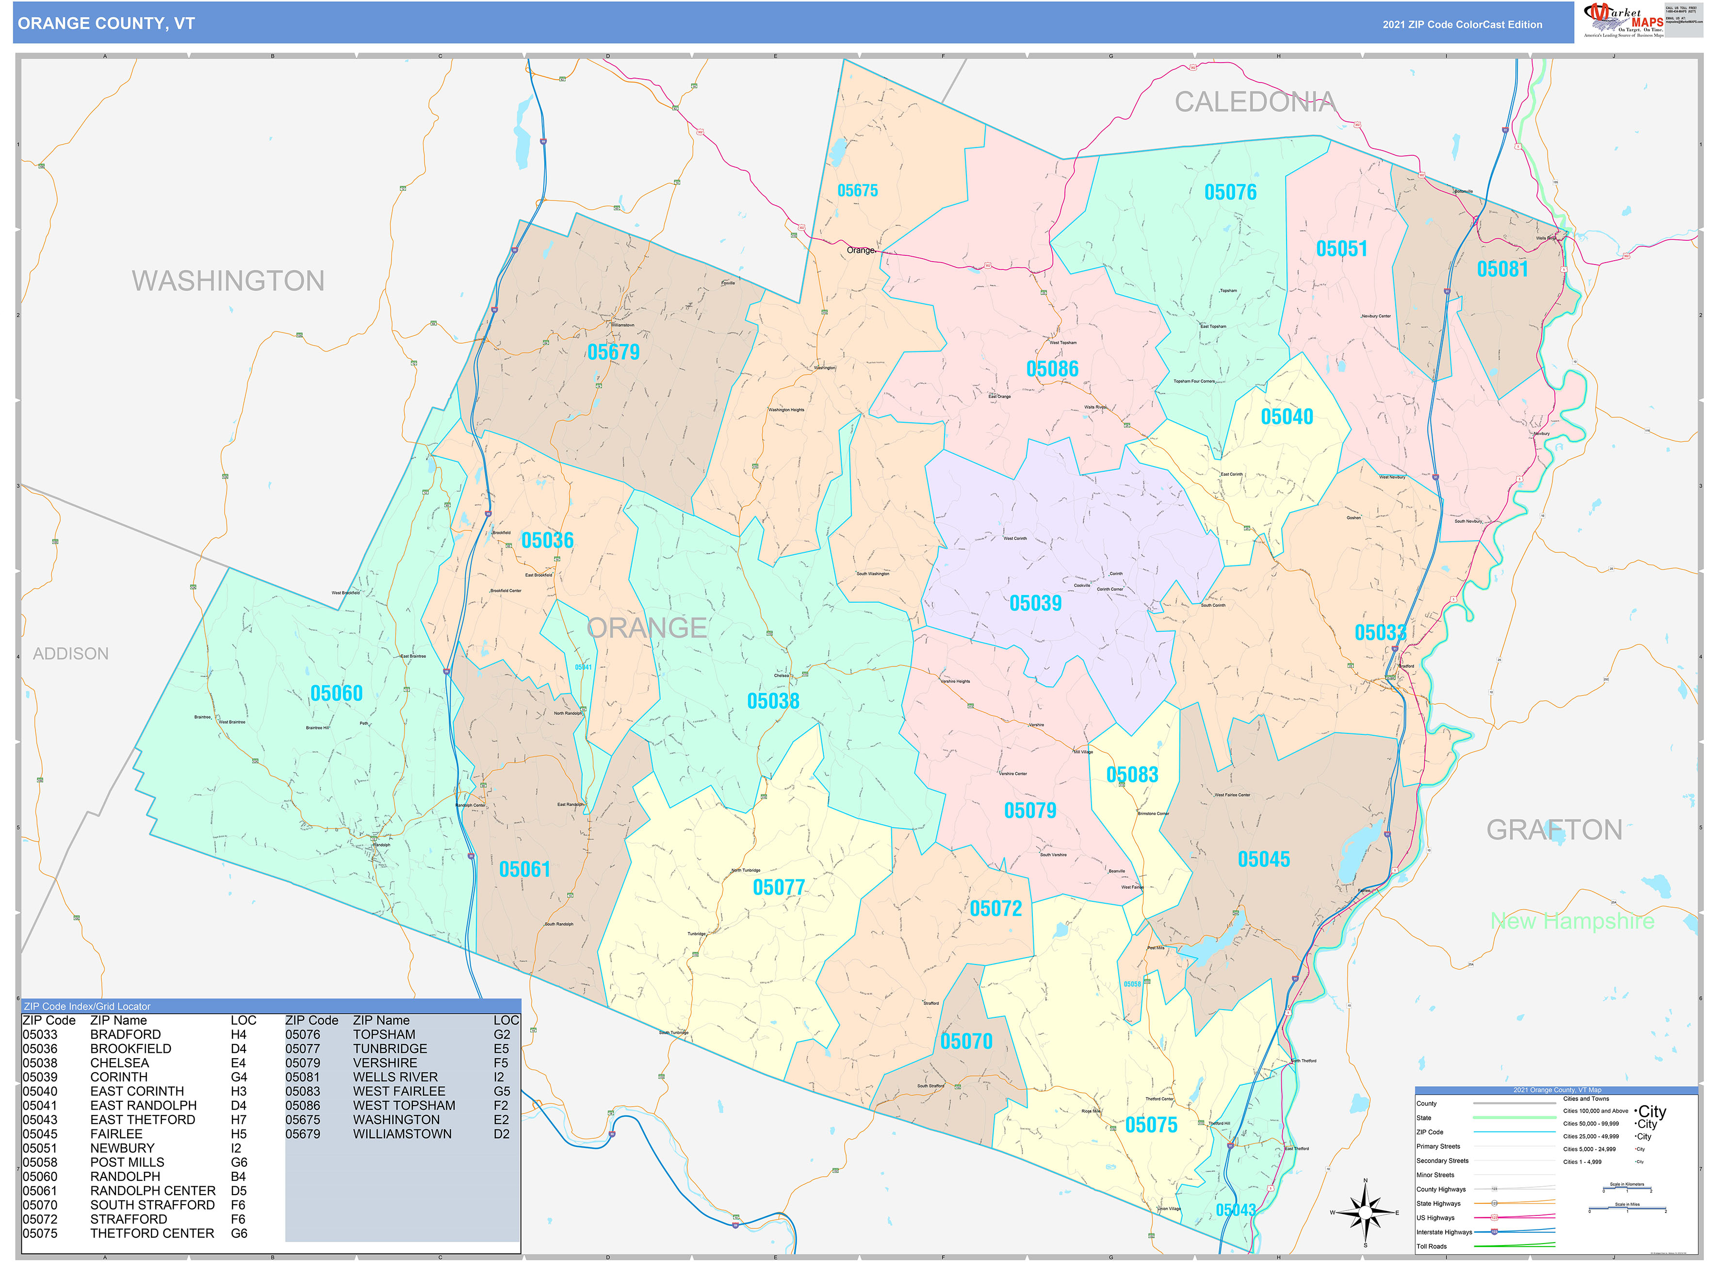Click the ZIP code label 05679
click(x=613, y=352)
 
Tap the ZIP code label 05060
click(x=336, y=694)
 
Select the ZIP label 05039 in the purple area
click(x=1035, y=603)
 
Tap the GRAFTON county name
click(x=1553, y=830)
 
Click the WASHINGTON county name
click(x=228, y=281)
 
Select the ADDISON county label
click(x=71, y=654)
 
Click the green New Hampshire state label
click(x=1571, y=921)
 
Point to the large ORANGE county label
click(x=647, y=628)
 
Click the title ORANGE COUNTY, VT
click(x=106, y=24)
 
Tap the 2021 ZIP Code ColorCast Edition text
click(x=1462, y=24)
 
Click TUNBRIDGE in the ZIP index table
click(x=390, y=1049)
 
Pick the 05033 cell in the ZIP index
click(x=40, y=1034)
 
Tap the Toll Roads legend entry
click(x=1431, y=1247)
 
